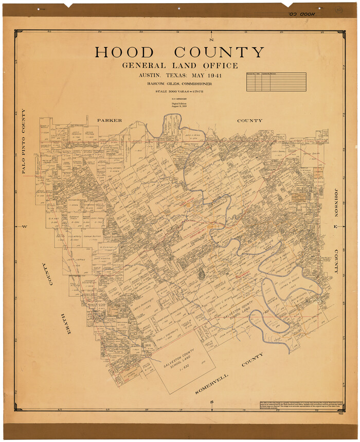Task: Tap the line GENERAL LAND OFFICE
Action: tap(180, 66)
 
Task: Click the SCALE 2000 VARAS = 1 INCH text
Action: tap(179, 92)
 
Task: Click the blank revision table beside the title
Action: tap(276, 82)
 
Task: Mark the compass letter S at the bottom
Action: tap(211, 402)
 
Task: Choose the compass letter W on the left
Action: tap(24, 226)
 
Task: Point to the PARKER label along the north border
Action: tap(110, 120)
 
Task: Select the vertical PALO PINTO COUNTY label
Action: tap(24, 141)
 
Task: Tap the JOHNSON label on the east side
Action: tap(337, 202)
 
